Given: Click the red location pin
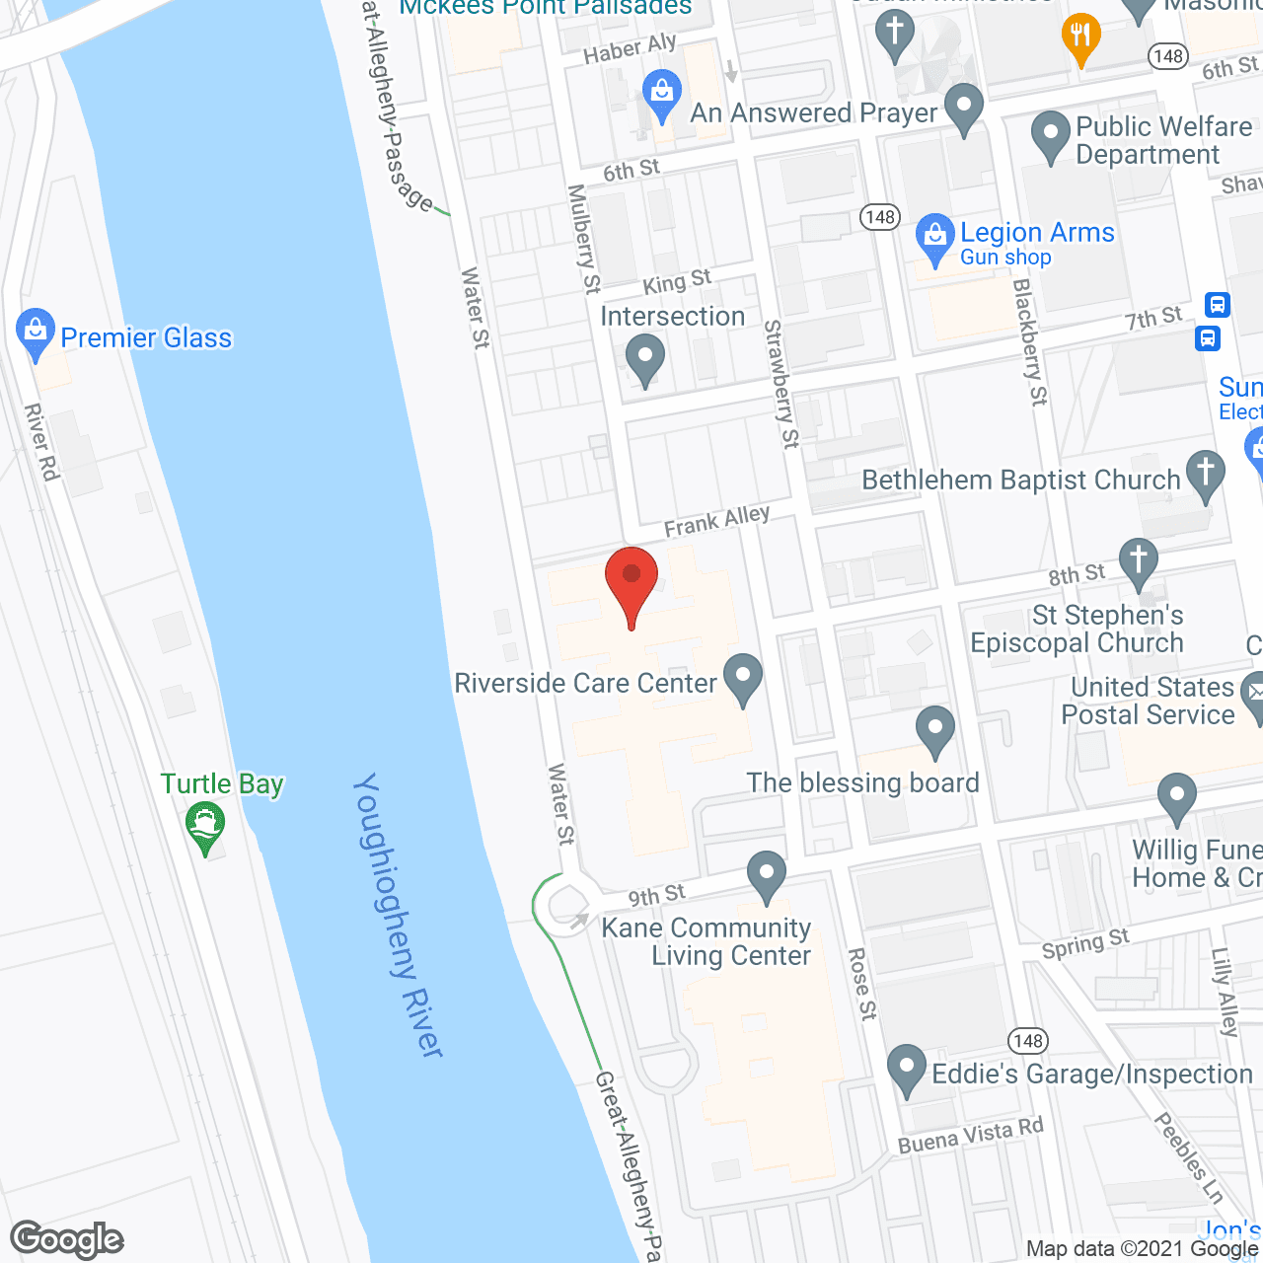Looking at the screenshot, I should (631, 582).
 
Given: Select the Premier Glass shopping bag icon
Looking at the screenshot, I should (36, 334).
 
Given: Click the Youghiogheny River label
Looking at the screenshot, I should (399, 916).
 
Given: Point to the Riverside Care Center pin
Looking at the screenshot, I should (743, 679).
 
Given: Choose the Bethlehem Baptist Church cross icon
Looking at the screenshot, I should (1205, 475).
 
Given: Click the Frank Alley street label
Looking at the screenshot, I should (716, 521).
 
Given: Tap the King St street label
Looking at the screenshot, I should (677, 282).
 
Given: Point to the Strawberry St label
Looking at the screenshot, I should (780, 384).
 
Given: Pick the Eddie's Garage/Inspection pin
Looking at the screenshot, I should (906, 1070).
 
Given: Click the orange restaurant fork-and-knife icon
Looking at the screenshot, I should (1081, 37).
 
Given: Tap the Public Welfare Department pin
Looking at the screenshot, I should (1050, 136).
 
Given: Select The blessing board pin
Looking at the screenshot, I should (934, 730).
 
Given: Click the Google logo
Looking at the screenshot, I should (67, 1239).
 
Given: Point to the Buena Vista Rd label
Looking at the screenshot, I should (970, 1136).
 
